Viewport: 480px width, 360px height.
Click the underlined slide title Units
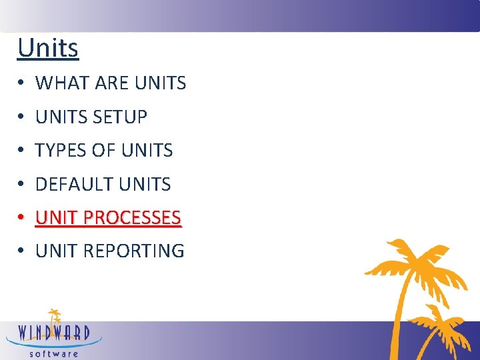(x=48, y=48)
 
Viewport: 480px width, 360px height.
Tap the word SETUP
(x=120, y=117)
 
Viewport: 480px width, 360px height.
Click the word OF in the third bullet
(x=104, y=151)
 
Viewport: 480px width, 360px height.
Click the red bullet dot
(x=22, y=218)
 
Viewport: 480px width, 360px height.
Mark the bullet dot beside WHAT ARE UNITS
(x=22, y=84)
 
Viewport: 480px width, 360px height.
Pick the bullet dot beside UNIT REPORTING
(x=22, y=251)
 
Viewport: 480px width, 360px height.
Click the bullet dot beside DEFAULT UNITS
(x=22, y=185)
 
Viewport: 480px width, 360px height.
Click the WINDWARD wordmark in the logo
(x=54, y=332)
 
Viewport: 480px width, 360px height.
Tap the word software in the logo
(x=54, y=353)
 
